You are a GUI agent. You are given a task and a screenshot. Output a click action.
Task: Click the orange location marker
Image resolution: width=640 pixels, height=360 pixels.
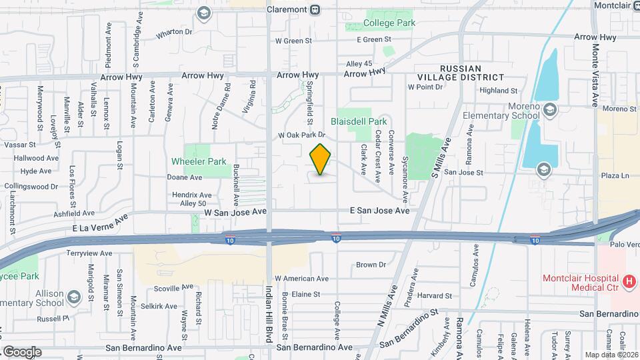pyautogui.click(x=320, y=160)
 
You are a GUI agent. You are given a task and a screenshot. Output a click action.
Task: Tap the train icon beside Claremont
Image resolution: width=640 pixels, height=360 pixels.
pyautogui.click(x=315, y=9)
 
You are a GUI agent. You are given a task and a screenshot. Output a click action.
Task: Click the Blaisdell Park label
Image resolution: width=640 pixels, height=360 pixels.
pyautogui.click(x=359, y=122)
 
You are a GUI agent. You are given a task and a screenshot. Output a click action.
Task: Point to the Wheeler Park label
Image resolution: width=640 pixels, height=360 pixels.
pyautogui.click(x=199, y=161)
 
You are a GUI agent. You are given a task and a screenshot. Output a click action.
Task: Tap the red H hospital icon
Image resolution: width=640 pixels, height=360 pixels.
pyautogui.click(x=627, y=281)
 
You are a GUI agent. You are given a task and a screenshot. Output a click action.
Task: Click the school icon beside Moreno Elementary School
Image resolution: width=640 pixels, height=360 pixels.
pyautogui.click(x=550, y=110)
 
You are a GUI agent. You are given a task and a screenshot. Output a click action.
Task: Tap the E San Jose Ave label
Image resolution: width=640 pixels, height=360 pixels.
pyautogui.click(x=379, y=210)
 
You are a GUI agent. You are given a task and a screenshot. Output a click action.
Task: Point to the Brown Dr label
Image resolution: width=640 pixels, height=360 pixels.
pyautogui.click(x=371, y=265)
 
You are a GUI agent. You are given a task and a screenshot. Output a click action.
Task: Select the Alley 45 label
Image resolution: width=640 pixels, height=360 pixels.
pyautogui.click(x=358, y=63)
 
